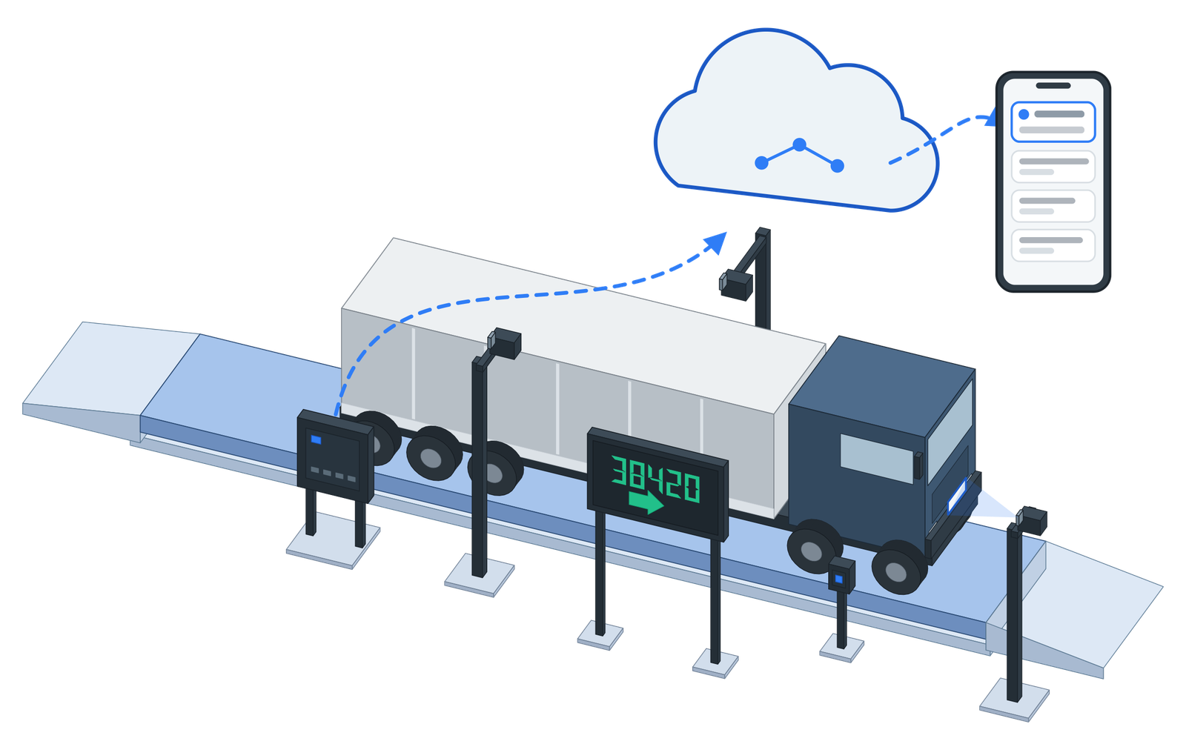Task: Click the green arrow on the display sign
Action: pos(646,501)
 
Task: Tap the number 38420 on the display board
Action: pos(655,479)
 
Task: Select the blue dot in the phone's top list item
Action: pos(1024,114)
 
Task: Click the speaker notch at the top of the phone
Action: pos(1053,86)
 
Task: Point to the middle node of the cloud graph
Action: pos(800,145)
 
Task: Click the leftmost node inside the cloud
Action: pos(761,163)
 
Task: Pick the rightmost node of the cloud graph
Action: pos(837,166)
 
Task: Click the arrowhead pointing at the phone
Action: pos(989,119)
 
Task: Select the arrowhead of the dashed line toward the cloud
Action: pos(716,242)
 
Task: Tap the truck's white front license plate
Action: pos(957,496)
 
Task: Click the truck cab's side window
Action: pos(877,458)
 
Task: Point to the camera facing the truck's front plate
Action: pos(1031,520)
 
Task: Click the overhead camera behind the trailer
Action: pos(735,285)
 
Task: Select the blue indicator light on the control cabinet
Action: pos(316,439)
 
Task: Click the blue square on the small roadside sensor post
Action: pos(838,579)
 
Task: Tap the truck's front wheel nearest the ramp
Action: pos(898,568)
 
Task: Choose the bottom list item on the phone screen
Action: pos(1053,245)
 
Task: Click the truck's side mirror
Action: pos(918,465)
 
